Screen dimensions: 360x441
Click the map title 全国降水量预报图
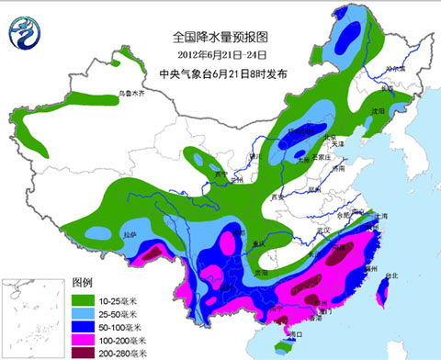(219, 38)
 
